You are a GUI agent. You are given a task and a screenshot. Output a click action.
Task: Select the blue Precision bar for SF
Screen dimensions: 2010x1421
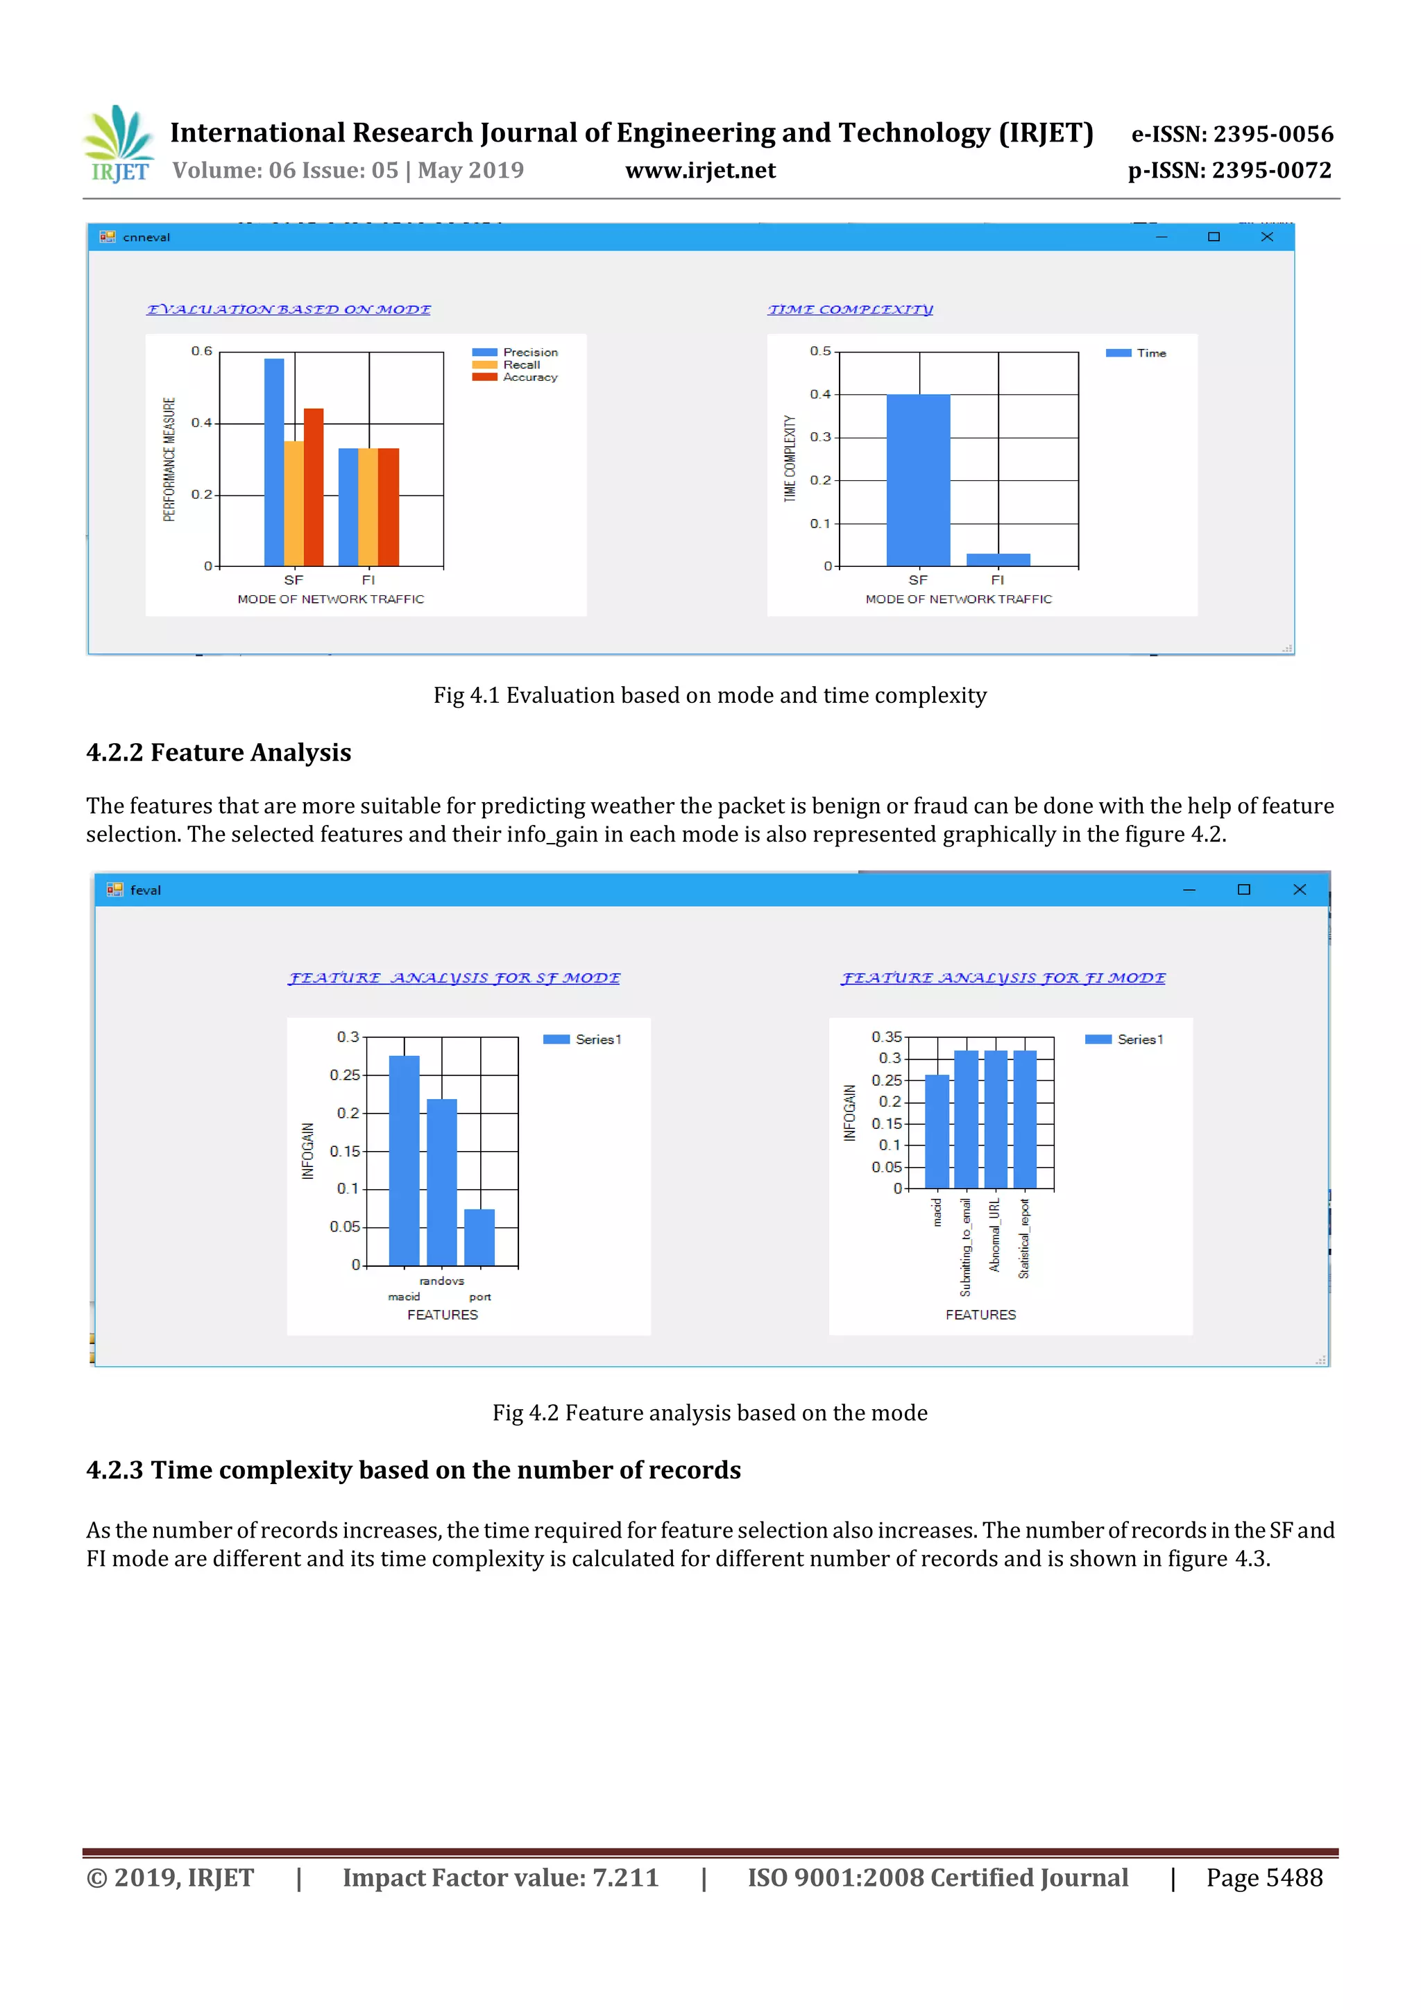273,461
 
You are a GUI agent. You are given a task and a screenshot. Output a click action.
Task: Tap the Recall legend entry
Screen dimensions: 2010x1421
520,365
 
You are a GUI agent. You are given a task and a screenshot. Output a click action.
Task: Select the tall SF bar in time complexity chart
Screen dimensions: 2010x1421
917,479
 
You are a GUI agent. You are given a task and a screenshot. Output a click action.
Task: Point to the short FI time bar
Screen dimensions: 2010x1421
998,559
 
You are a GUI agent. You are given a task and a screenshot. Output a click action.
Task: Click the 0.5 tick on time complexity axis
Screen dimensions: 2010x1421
819,351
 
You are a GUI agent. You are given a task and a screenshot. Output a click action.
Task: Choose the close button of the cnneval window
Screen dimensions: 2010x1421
1266,237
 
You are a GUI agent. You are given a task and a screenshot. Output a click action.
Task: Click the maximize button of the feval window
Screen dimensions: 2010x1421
1243,889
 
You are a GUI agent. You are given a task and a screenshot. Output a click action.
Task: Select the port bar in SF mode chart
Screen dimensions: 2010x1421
479,1237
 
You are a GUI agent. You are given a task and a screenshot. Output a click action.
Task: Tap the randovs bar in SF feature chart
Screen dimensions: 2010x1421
441,1182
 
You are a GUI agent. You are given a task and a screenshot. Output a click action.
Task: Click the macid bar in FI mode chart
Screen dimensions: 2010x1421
937,1131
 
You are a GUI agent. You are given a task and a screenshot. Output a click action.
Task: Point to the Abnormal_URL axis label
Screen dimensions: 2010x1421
994,1234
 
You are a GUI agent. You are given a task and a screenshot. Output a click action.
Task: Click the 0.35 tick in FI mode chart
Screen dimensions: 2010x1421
886,1037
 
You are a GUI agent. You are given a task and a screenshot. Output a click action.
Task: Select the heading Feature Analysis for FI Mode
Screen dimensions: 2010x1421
1003,978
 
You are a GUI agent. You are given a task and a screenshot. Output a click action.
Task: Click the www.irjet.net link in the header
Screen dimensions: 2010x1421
700,171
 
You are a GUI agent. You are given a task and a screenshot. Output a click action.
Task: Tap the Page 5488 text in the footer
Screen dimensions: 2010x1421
1263,1877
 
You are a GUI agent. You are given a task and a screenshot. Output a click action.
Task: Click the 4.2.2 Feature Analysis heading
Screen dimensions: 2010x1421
219,752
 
